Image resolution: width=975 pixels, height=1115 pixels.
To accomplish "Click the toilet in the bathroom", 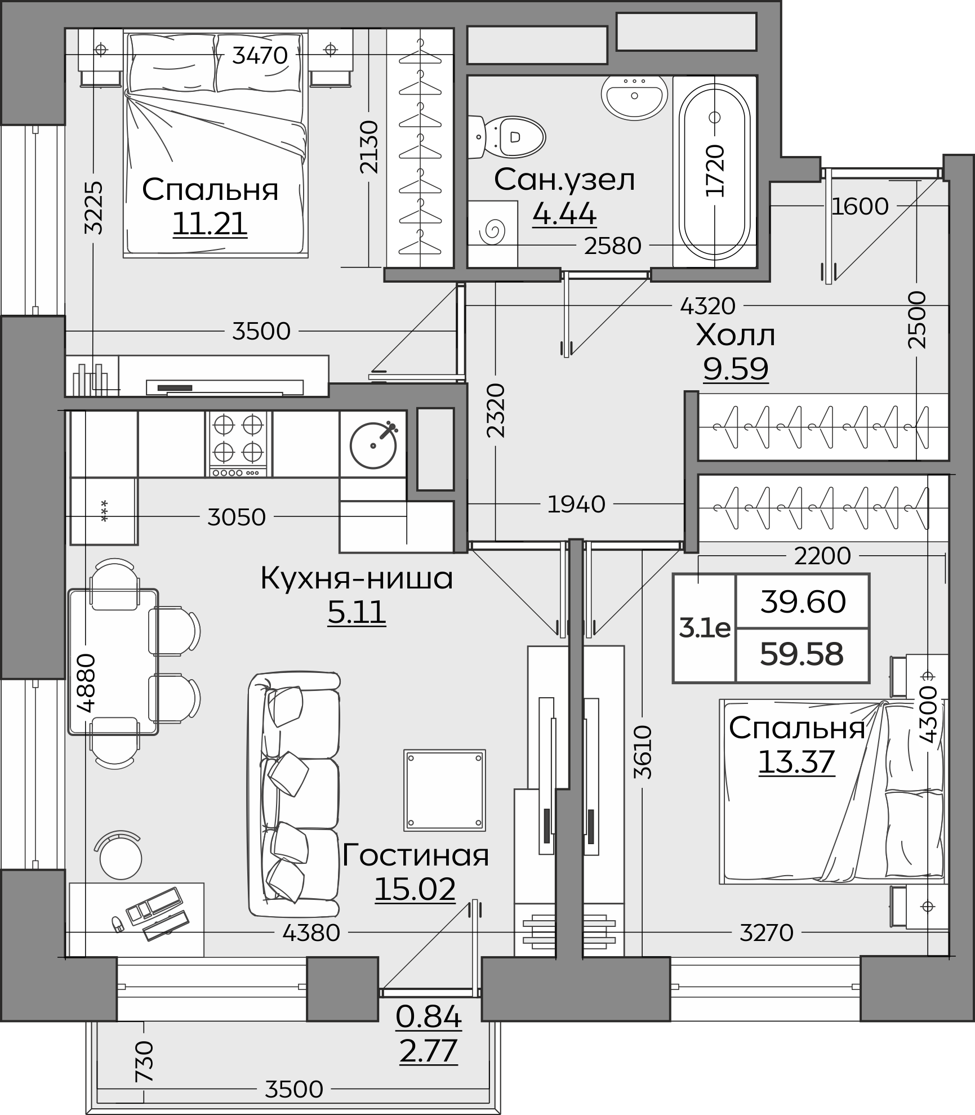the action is click(x=507, y=137).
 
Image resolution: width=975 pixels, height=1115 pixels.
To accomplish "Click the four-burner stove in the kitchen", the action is click(x=238, y=444).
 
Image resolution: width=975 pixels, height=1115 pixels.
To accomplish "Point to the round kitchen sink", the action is click(x=373, y=445).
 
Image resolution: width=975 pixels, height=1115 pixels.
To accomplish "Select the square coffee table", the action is click(x=444, y=790).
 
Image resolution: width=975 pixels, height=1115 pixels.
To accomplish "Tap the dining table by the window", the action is click(x=113, y=662).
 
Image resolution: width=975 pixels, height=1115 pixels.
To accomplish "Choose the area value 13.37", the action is click(x=796, y=762).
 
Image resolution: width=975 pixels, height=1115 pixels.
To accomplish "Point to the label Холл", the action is click(x=736, y=336).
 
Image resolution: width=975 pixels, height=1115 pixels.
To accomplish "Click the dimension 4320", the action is click(x=708, y=306).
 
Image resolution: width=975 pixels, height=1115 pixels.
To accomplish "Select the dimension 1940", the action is click(x=576, y=504).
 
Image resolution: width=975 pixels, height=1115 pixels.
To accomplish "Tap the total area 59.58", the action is click(x=802, y=654).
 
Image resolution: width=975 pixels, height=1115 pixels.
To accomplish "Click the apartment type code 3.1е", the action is click(x=705, y=628).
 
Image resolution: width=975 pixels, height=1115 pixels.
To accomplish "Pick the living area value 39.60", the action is click(x=803, y=601).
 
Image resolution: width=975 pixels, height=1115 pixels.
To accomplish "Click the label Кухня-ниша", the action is click(x=357, y=578).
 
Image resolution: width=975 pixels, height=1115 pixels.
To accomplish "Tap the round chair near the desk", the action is click(x=120, y=858).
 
